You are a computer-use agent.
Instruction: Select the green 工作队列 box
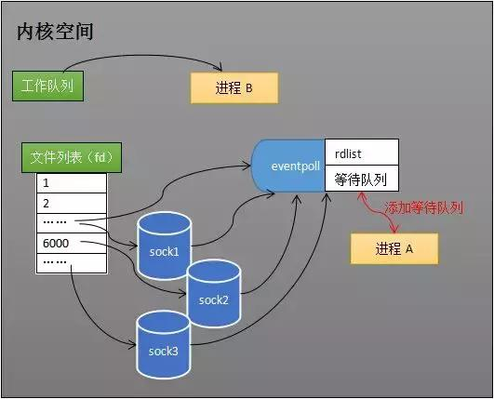coord(47,86)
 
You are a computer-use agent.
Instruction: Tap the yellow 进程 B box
coord(234,87)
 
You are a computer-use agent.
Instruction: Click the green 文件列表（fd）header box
coord(71,158)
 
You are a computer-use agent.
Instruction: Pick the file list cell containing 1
coord(72,184)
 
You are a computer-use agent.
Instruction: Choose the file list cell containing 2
coord(72,204)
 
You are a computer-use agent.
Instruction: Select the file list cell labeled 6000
coord(72,244)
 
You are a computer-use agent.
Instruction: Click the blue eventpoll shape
coord(287,166)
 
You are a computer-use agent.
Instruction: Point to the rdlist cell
coord(362,152)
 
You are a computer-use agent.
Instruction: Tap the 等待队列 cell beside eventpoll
coord(362,178)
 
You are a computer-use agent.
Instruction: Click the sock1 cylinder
coord(163,246)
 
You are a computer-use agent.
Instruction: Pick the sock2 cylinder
coord(213,295)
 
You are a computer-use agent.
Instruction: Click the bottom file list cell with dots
coord(72,263)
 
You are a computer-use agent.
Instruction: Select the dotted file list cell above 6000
coord(72,223)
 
